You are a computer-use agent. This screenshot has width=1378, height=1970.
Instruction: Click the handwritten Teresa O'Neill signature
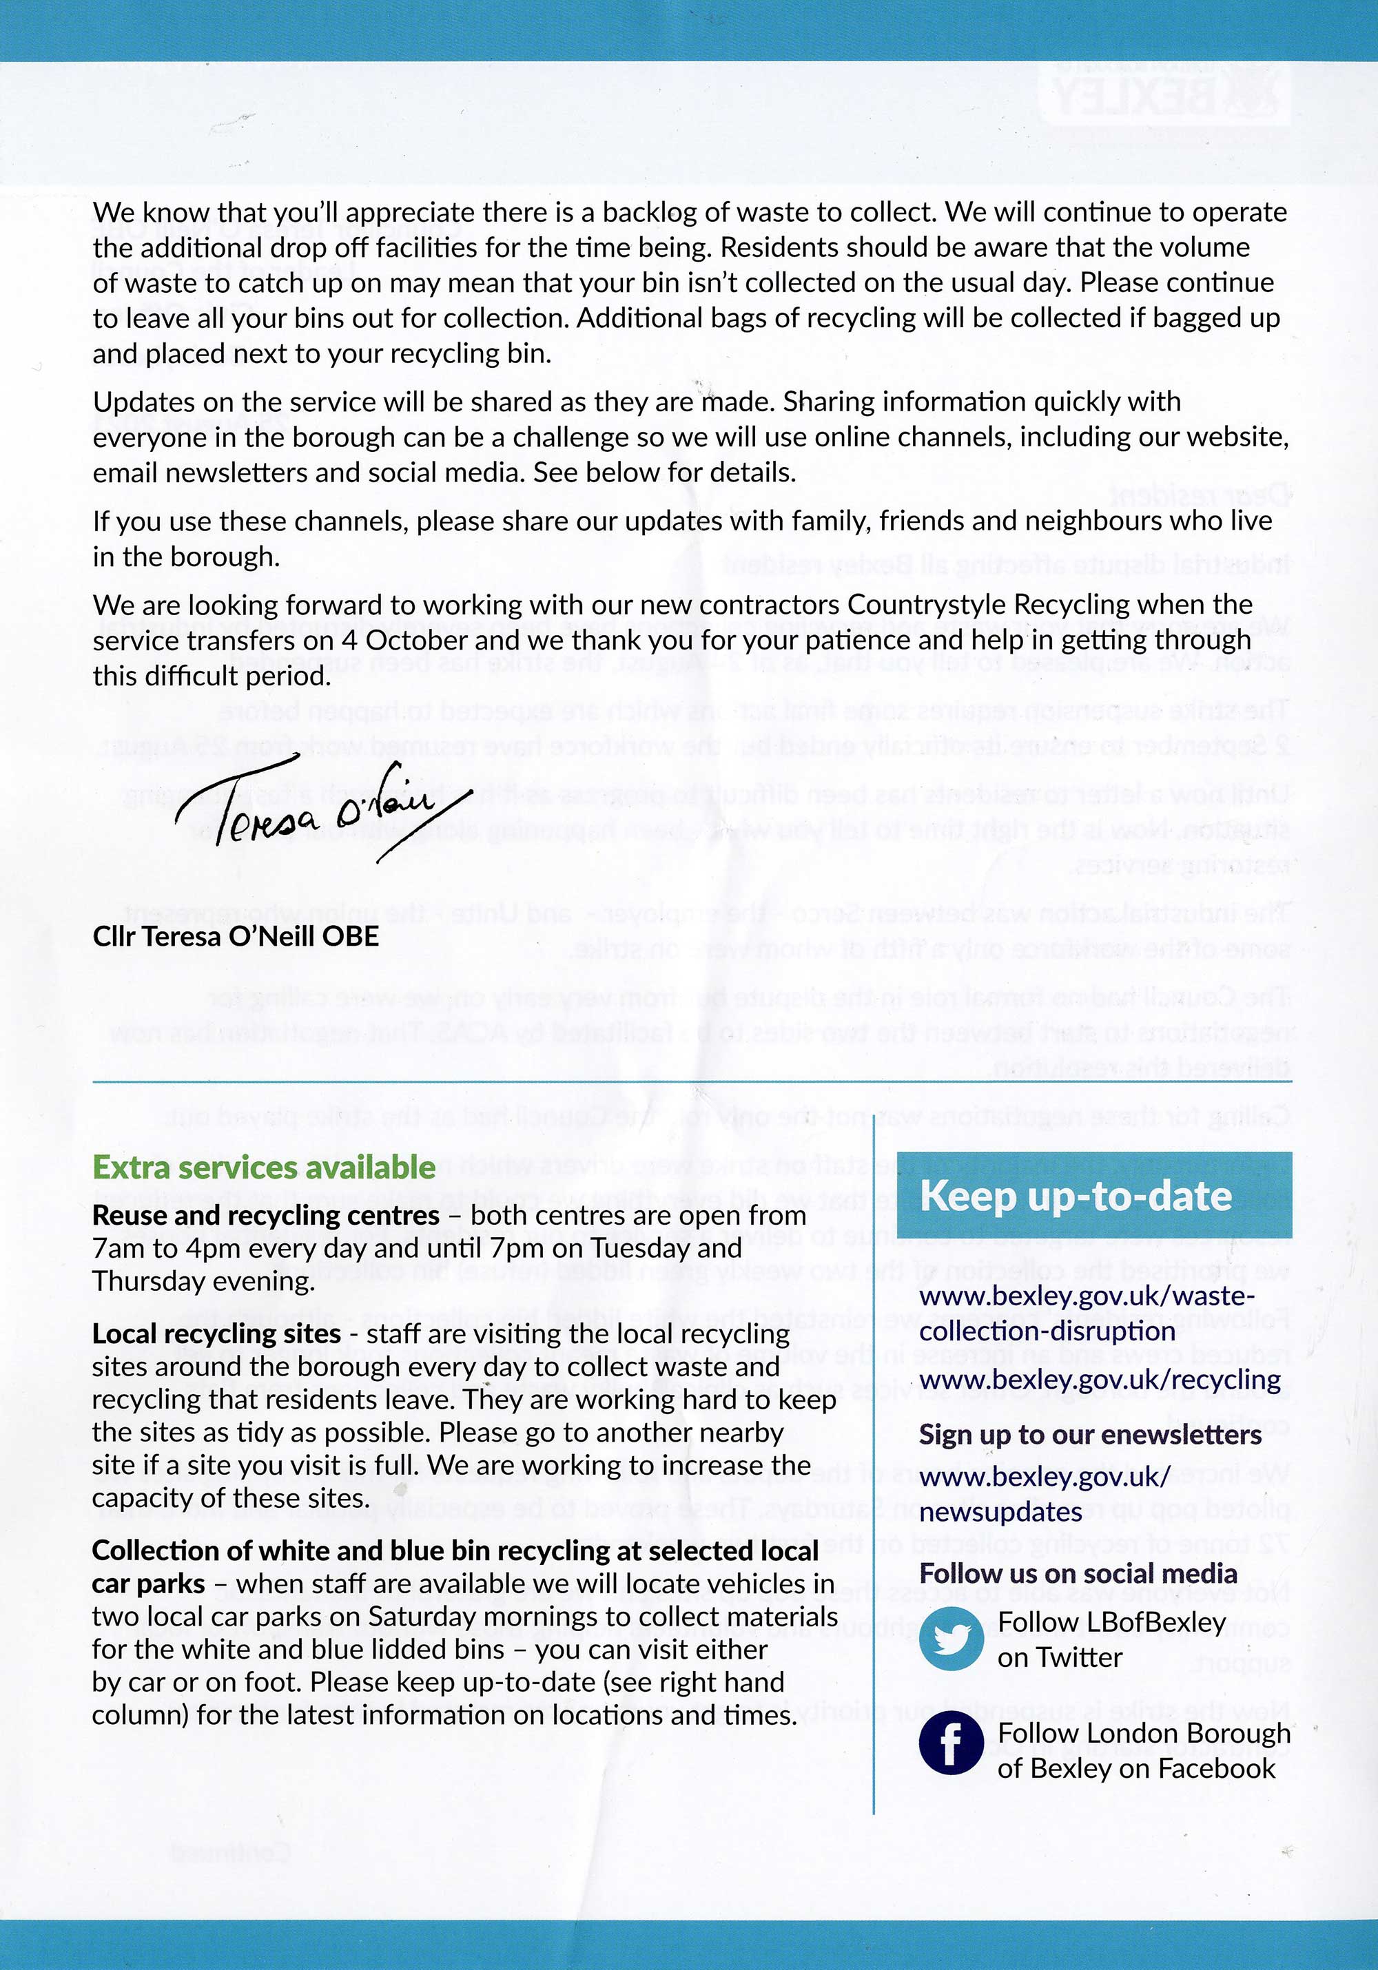click(x=322, y=807)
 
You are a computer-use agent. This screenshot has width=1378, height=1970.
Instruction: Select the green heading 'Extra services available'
click(x=263, y=1168)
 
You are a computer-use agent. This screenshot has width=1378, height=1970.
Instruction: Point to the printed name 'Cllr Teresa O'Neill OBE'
click(x=236, y=935)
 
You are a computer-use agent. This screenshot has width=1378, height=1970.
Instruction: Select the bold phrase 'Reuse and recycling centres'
click(x=265, y=1216)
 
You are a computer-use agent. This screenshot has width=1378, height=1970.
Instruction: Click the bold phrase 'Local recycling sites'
click(x=216, y=1334)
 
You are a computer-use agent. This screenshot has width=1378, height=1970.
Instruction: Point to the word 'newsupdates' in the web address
click(x=1000, y=1512)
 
